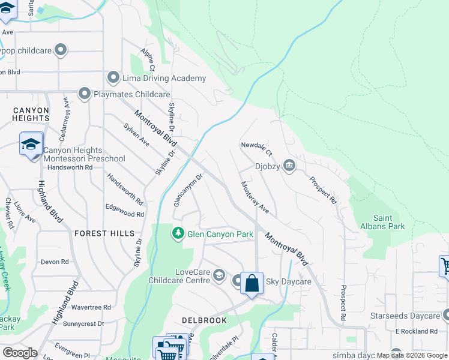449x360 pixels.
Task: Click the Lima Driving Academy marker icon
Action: point(113,78)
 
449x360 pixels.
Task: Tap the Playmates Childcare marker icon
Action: point(85,94)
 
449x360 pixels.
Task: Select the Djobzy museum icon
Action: point(289,166)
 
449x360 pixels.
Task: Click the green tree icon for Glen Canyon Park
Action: point(178,233)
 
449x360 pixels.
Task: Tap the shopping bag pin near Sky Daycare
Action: point(252,283)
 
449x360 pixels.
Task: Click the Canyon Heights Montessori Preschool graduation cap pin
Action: point(31,144)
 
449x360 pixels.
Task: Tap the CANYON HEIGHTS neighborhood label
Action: point(30,115)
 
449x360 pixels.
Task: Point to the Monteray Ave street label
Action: point(255,199)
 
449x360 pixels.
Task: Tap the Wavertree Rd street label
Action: point(91,307)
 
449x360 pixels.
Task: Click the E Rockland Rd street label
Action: point(416,331)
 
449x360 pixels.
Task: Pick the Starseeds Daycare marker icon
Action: point(447,315)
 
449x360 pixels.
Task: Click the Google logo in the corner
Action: point(20,353)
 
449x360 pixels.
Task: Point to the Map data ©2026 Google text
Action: point(411,355)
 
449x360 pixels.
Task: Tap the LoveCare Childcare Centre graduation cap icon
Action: point(219,276)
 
